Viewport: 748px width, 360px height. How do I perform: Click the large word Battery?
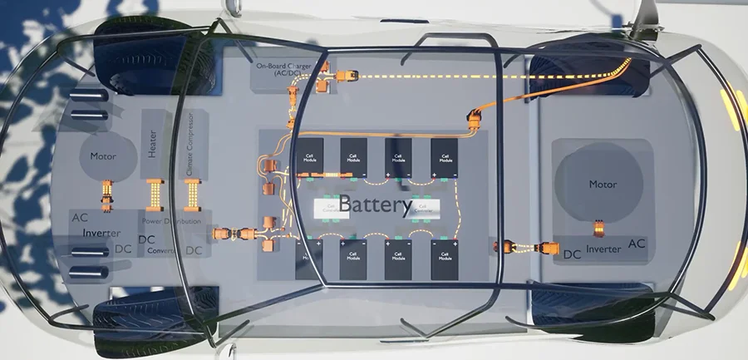coord(376,205)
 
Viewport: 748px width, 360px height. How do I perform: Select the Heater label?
coord(153,143)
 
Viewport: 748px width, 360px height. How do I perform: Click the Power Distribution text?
coord(170,222)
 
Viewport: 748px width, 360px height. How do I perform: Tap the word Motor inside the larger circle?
coord(604,185)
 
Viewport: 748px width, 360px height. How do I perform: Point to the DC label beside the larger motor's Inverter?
coord(572,253)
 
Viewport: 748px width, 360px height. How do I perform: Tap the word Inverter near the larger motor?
coord(604,249)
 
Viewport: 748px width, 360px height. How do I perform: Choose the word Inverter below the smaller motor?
coord(101,234)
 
